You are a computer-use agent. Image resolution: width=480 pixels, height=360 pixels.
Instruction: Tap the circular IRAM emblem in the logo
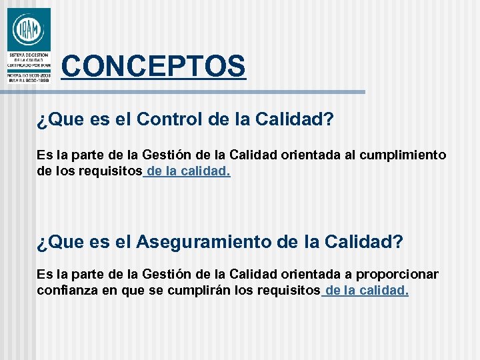tap(29, 29)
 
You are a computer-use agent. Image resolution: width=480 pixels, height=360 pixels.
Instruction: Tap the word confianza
tap(66, 291)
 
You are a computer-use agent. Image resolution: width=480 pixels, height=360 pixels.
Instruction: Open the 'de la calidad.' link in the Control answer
tap(187, 171)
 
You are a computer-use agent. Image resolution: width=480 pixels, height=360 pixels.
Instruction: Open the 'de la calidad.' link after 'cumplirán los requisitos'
tap(365, 291)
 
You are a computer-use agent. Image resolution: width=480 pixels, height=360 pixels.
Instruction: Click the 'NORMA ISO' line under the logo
tap(29, 75)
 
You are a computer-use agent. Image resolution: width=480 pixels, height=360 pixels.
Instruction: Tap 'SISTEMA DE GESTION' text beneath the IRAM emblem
tap(29, 53)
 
